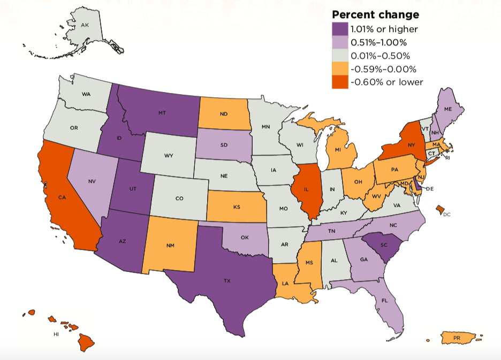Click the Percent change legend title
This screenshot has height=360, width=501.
(x=375, y=14)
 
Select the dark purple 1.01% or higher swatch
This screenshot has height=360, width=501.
(x=340, y=29)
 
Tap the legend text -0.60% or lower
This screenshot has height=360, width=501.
(x=386, y=82)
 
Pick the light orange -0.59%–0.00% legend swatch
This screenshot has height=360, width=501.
(x=340, y=69)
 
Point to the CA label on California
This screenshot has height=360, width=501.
(x=62, y=197)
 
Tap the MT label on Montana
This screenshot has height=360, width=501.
(x=161, y=113)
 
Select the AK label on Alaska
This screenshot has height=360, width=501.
(x=85, y=25)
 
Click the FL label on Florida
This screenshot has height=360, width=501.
(x=385, y=301)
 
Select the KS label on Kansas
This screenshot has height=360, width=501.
(x=236, y=206)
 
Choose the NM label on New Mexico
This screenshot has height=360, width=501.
(x=170, y=245)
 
